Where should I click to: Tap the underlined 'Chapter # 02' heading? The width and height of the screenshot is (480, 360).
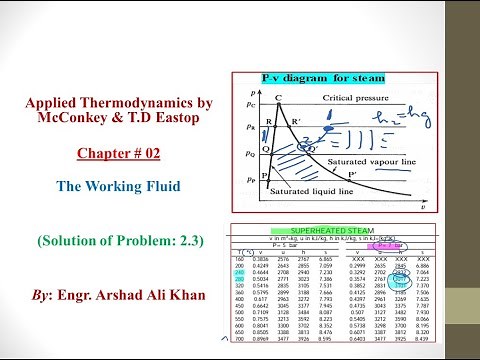(116, 155)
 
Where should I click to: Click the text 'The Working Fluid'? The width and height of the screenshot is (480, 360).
(116, 186)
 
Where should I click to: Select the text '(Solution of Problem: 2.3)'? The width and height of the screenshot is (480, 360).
(116, 241)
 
